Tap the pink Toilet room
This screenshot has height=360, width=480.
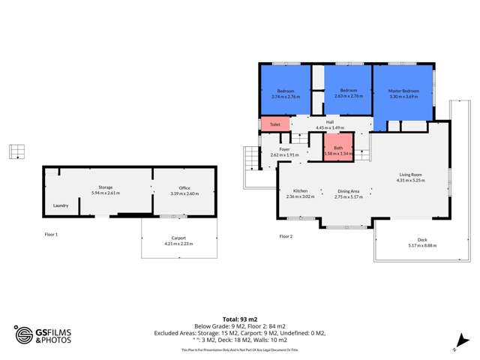tap(274, 124)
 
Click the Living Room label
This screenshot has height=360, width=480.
tap(411, 175)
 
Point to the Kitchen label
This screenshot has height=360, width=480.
tap(300, 190)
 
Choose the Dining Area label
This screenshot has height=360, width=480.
tap(348, 191)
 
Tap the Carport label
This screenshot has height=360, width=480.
tap(178, 238)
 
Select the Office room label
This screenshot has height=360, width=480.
tap(184, 187)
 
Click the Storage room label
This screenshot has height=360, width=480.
tap(105, 187)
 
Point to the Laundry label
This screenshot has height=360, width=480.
tap(61, 205)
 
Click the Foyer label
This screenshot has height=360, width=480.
tap(284, 149)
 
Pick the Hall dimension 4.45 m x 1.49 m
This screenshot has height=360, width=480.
tap(330, 127)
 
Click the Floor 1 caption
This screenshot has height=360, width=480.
tap(51, 235)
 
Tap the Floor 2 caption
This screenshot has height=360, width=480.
tap(286, 236)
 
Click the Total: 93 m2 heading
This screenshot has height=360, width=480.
tap(240, 319)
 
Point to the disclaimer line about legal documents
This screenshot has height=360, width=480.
tap(240, 349)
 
